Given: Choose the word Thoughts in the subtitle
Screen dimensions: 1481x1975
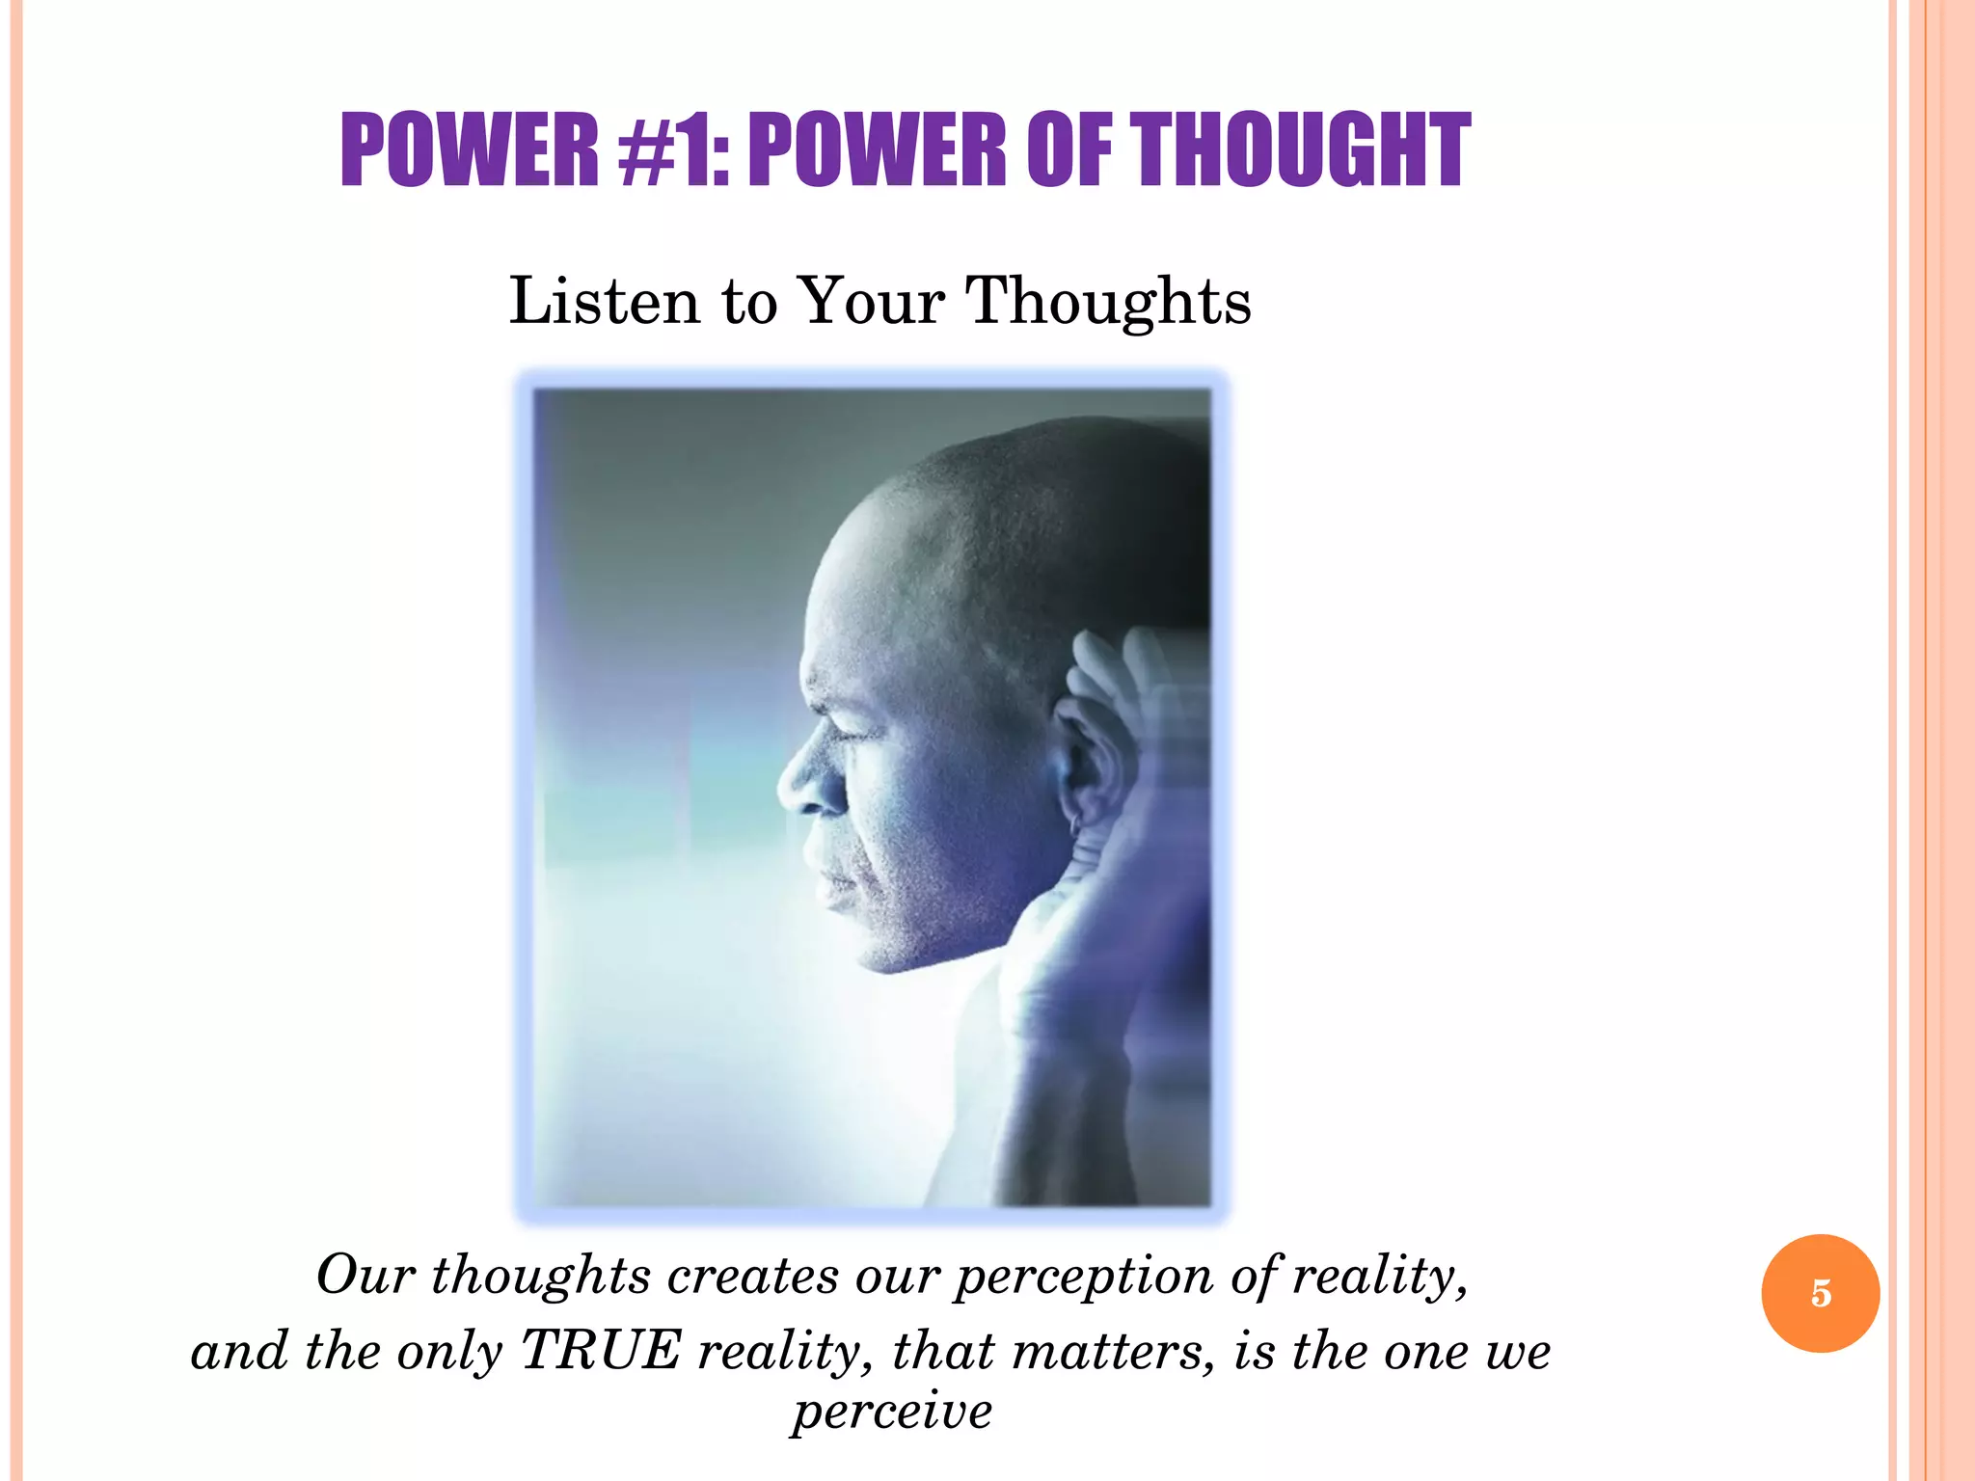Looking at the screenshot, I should (1108, 301).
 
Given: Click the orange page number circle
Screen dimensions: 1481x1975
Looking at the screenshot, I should (1820, 1293).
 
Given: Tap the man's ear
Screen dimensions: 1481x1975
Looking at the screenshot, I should (1085, 762).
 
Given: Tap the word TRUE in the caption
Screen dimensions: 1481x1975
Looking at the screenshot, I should (602, 1350).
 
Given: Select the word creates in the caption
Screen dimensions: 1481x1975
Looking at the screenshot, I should (753, 1276).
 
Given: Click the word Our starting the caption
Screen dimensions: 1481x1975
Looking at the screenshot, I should (365, 1276).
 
